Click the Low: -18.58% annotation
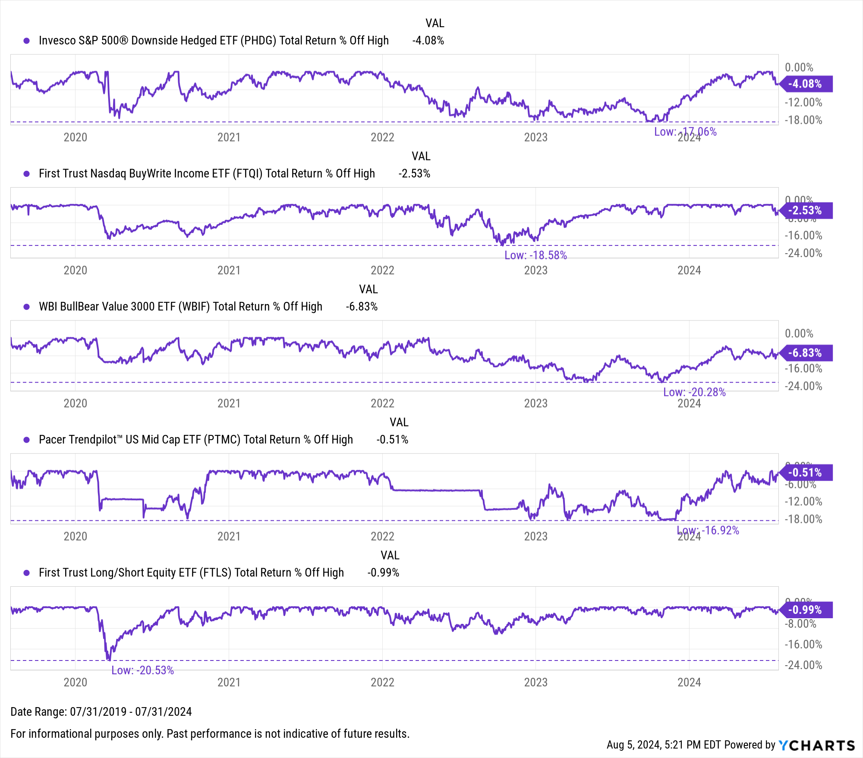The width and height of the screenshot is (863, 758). coord(535,255)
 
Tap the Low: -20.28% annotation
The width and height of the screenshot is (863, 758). coord(694,392)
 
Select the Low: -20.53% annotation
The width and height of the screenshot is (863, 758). coord(142,670)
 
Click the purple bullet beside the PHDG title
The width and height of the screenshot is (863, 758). coord(27,41)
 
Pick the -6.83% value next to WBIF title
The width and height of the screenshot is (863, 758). coord(362,307)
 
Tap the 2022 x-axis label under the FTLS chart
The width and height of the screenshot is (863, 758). coord(382,683)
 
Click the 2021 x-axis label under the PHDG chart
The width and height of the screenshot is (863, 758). coord(229,137)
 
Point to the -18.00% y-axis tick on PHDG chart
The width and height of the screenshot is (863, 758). coord(803,120)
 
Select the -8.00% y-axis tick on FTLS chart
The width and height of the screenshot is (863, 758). coord(803,624)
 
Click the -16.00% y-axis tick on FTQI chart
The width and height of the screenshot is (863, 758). coord(803,236)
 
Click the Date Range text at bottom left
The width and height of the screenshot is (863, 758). coord(101,712)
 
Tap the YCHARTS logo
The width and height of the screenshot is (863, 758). coord(816,745)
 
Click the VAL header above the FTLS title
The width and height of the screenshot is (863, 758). coord(390,555)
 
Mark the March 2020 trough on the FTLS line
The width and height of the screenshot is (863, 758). coord(108,659)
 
